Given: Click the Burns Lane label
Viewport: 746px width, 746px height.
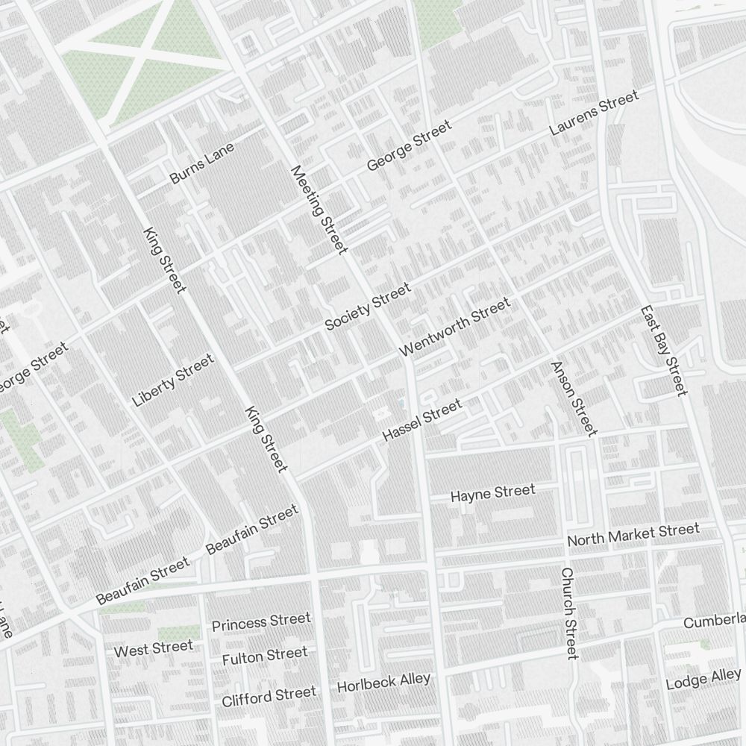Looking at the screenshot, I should pyautogui.click(x=202, y=163).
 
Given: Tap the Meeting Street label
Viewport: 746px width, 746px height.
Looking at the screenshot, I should pyautogui.click(x=319, y=210).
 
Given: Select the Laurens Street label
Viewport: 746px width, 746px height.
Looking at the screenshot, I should pyautogui.click(x=594, y=113).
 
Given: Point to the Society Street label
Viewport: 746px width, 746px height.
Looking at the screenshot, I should pyautogui.click(x=368, y=307).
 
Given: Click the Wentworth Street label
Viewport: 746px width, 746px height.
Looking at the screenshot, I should pyautogui.click(x=455, y=327).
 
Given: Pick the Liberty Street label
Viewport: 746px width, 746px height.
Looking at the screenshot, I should pyautogui.click(x=173, y=380).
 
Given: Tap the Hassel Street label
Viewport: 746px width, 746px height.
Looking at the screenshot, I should pyautogui.click(x=421, y=420).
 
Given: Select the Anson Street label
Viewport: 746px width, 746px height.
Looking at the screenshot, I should pyautogui.click(x=574, y=398).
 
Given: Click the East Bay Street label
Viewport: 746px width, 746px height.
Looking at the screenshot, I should pyautogui.click(x=662, y=351).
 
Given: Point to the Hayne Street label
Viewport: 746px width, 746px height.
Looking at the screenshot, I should pyautogui.click(x=493, y=493).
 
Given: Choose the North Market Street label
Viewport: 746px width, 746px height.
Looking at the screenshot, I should pyautogui.click(x=633, y=534).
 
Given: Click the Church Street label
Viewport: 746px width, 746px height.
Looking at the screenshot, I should pyautogui.click(x=568, y=613).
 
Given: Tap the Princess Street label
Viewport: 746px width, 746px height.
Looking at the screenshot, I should pyautogui.click(x=261, y=622).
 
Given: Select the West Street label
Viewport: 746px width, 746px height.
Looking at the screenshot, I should pyautogui.click(x=153, y=649).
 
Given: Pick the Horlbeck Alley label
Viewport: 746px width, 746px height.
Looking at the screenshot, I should pyautogui.click(x=383, y=682).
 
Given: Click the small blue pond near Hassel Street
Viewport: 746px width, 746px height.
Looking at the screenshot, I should pyautogui.click(x=401, y=403).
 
